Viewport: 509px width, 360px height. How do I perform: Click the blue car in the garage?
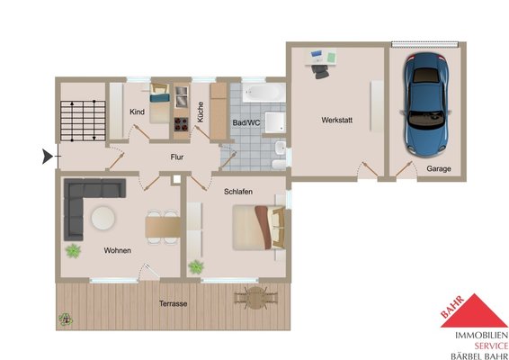[x=426, y=104]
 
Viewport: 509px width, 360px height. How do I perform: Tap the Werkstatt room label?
[x=336, y=120]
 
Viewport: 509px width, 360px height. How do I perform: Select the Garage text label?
[x=439, y=168]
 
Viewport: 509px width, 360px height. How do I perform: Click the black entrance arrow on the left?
[x=48, y=157]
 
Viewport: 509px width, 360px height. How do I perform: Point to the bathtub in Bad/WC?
[x=263, y=93]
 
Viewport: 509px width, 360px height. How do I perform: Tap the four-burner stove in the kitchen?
[x=181, y=124]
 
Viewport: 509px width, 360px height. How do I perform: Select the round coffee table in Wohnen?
[x=103, y=218]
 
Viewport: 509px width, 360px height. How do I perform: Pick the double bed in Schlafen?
[x=259, y=228]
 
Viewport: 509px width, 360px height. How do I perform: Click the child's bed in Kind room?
[x=160, y=103]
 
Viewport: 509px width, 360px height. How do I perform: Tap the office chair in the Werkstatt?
[x=321, y=71]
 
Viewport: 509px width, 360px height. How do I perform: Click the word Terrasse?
[x=173, y=304]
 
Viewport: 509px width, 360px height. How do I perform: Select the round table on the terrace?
[x=255, y=298]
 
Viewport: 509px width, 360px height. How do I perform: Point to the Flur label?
[x=177, y=157]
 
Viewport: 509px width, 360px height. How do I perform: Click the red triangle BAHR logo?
[x=474, y=310]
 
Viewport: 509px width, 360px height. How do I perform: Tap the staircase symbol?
[x=83, y=121]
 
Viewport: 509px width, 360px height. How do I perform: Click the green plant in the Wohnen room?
[x=73, y=251]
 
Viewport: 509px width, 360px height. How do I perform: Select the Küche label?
[x=201, y=112]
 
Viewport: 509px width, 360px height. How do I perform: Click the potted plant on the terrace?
[x=66, y=319]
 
